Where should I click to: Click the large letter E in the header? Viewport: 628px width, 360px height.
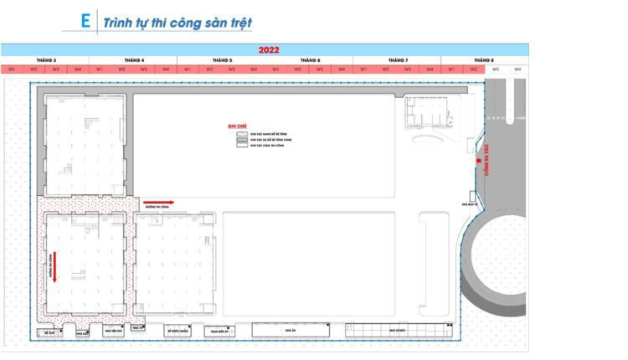85,20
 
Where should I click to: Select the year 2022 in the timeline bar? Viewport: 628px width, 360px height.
269,50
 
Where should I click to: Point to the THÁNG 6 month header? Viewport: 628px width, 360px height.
309,60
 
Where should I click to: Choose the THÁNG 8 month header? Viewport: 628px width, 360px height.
483,60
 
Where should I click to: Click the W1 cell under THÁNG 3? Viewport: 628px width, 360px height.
12,69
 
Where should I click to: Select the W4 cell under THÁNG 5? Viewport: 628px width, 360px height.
254,69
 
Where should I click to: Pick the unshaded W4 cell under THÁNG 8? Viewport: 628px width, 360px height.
517,69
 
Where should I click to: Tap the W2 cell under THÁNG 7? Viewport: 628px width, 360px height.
386,69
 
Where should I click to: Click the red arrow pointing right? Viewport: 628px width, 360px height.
158,202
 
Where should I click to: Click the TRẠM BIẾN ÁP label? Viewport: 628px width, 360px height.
216,331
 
